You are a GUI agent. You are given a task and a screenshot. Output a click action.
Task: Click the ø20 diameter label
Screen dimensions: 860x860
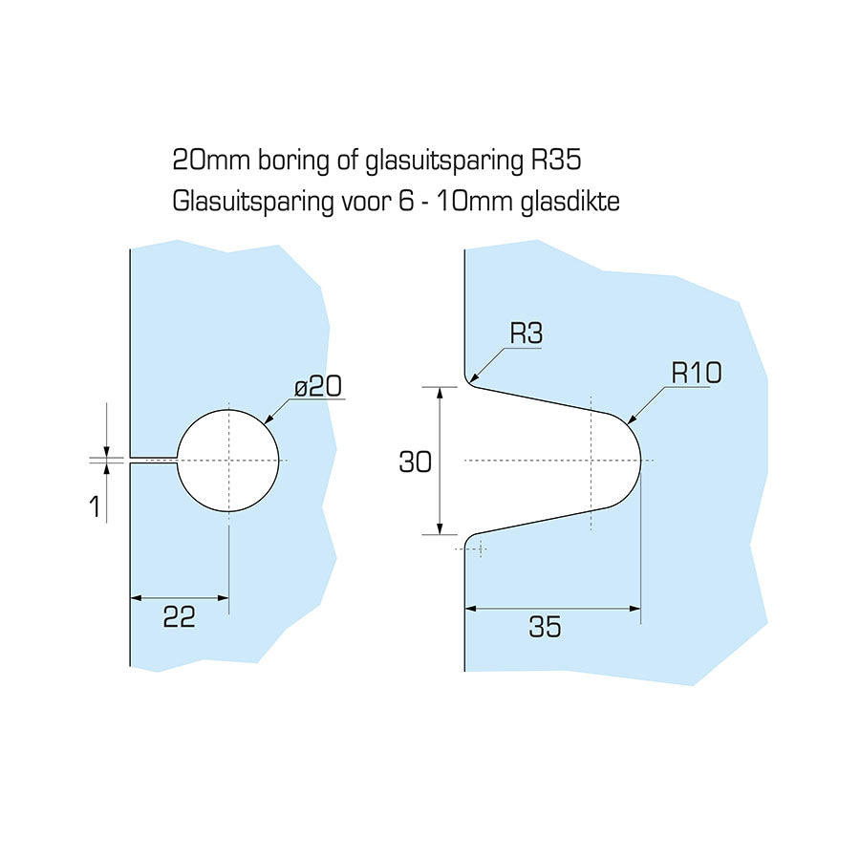coord(318,387)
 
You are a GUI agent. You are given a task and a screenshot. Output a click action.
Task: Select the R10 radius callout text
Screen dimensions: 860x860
coord(696,373)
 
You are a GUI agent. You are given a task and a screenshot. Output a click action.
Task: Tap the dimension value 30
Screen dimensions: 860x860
coord(415,462)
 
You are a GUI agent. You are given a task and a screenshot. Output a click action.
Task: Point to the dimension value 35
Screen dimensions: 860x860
coord(545,628)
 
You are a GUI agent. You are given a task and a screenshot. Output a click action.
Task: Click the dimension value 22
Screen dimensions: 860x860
coord(179,618)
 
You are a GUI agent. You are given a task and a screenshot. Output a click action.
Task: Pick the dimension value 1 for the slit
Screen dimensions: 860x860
coord(95,505)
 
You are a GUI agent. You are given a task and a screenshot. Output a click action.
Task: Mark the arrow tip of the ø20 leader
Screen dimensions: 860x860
coord(266,423)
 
